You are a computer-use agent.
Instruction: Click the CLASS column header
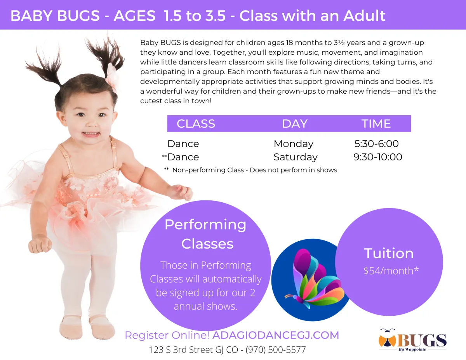coord(196,124)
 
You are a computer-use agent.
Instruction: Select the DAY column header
coord(295,124)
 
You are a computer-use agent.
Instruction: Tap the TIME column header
coord(376,124)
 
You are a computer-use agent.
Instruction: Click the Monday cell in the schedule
coord(294,144)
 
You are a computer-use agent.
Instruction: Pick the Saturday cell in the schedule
coord(296,157)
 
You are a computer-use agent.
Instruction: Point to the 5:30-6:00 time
coord(377,144)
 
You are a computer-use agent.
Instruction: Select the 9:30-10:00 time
coord(378,157)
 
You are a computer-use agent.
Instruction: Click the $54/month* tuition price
coord(391,271)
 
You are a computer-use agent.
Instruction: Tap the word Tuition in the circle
coord(389,254)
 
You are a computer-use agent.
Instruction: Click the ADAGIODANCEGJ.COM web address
coord(276,335)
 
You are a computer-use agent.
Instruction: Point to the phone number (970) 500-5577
coord(276,350)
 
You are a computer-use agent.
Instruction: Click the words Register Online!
coord(167,335)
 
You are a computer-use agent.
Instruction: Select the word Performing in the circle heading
coord(205,225)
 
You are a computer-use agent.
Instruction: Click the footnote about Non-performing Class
coord(250,170)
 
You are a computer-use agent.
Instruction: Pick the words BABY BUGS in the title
coord(55,16)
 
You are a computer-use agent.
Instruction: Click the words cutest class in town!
coord(176,101)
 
